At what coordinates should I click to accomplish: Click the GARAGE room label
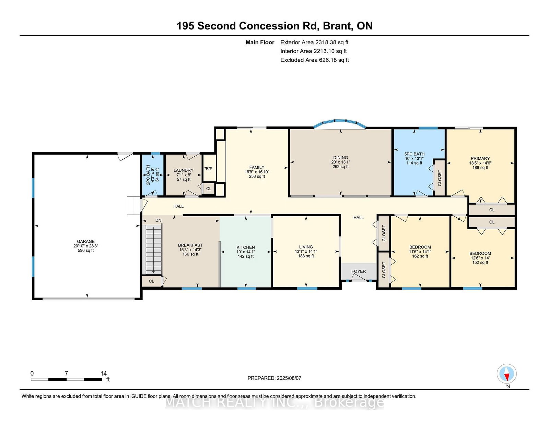86,241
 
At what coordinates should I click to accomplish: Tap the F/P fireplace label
209,169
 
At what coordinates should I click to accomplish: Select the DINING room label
340,157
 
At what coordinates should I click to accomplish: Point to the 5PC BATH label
414,154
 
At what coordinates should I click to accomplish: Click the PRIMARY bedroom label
480,158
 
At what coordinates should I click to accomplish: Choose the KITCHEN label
246,247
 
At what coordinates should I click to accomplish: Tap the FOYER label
359,271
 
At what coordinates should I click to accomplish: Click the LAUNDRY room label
184,170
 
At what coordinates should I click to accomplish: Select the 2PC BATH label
148,175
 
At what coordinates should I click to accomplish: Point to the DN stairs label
158,220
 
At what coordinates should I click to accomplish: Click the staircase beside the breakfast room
153,249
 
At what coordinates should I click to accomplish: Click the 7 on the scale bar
67,373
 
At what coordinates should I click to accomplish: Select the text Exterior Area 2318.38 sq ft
314,43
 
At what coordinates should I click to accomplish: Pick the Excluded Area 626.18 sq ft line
315,60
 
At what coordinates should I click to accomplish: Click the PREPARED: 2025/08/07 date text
274,378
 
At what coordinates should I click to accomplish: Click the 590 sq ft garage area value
86,250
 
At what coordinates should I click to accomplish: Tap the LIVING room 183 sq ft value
306,256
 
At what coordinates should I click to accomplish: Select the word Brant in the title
337,26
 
